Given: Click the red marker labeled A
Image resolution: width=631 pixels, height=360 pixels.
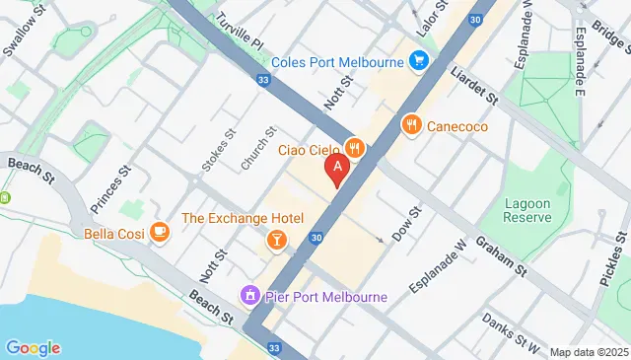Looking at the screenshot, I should (338, 170).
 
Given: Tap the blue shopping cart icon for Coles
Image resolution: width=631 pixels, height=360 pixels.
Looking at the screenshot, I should (420, 61).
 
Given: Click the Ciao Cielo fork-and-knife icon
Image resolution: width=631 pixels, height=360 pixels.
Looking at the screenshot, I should (355, 149).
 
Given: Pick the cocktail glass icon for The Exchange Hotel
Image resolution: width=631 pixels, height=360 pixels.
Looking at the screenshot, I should (278, 240).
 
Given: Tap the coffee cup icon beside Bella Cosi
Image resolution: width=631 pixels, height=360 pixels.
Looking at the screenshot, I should (159, 233).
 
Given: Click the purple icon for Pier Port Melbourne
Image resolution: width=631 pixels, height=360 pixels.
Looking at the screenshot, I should (250, 296).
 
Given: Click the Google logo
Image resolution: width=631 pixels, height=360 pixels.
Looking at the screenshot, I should (33, 347).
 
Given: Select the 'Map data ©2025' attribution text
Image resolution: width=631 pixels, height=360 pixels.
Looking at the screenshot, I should (588, 352).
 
